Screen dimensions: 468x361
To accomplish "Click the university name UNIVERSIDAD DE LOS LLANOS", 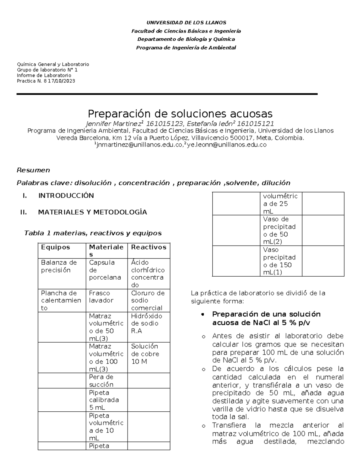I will click(186, 23).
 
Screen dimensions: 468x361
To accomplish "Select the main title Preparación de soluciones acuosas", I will click(180, 114).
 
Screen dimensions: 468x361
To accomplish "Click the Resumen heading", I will click(33, 170).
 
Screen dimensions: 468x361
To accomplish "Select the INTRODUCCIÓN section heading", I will click(66, 196).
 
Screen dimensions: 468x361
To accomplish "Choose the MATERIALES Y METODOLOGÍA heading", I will click(92, 212).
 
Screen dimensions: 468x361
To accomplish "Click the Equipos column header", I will click(55, 247).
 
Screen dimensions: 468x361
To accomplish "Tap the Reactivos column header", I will click(149, 247).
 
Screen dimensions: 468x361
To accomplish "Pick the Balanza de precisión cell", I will click(59, 266).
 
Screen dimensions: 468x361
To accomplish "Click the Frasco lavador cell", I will click(101, 297).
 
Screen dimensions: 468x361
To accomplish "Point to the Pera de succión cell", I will click(101, 381).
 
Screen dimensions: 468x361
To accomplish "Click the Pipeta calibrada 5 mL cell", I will click(104, 400).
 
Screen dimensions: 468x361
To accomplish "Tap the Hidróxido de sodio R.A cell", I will click(147, 323).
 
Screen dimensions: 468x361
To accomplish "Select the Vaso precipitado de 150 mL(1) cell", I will click(279, 261).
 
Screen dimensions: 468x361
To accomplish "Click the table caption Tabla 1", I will click(93, 233).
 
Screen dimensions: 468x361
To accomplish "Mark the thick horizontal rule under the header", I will click(167, 94).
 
